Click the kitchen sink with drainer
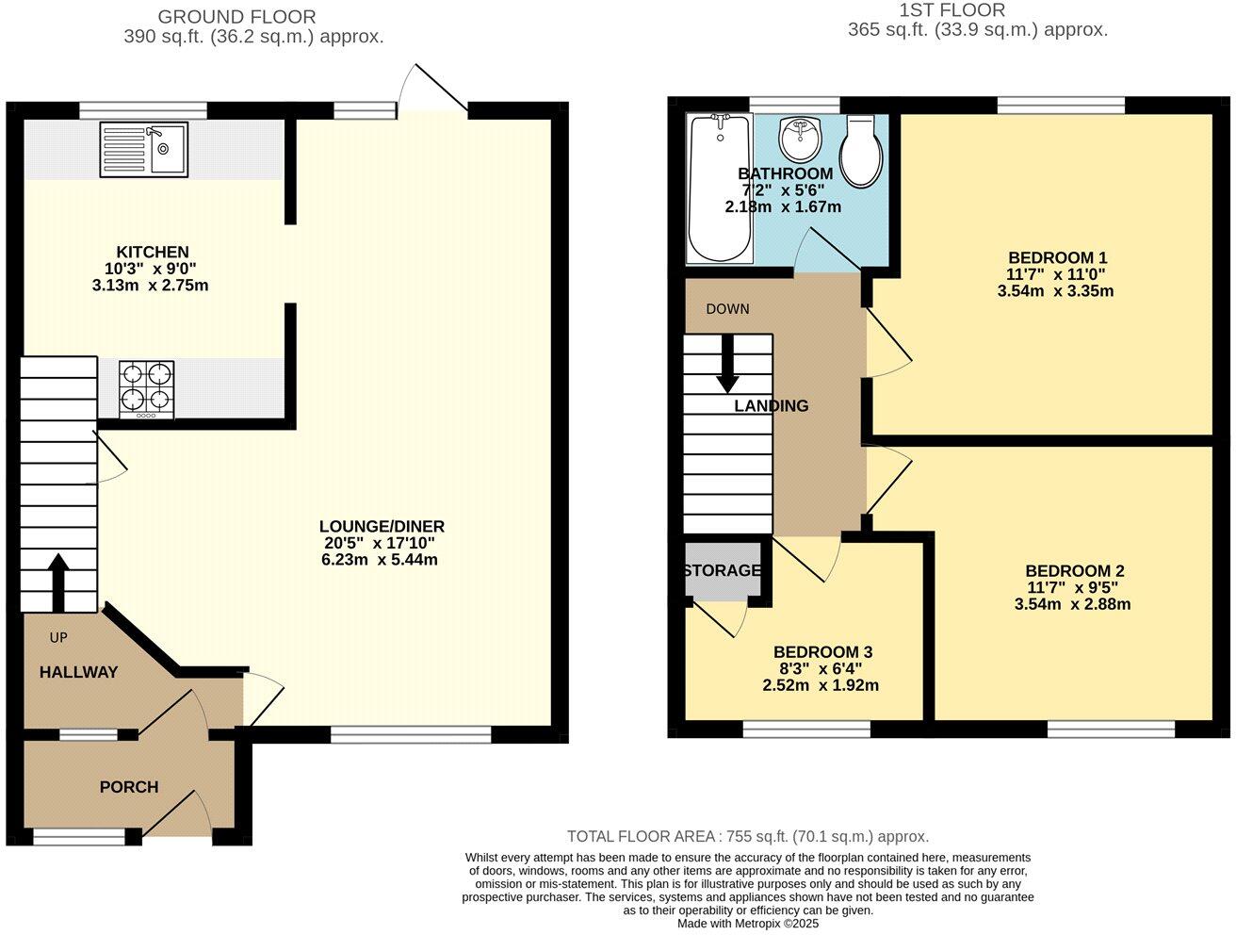143,149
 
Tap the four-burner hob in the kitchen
146,389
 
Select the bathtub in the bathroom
721,189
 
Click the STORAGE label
722,570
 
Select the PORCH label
129,787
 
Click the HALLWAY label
78,672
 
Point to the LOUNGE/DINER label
382,527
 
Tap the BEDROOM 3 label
822,652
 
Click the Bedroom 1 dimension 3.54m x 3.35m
1055,291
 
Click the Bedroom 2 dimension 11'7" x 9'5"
1073,587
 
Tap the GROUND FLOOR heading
236,17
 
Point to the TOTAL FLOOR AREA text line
747,836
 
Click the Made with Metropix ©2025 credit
748,924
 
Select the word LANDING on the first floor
771,406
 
